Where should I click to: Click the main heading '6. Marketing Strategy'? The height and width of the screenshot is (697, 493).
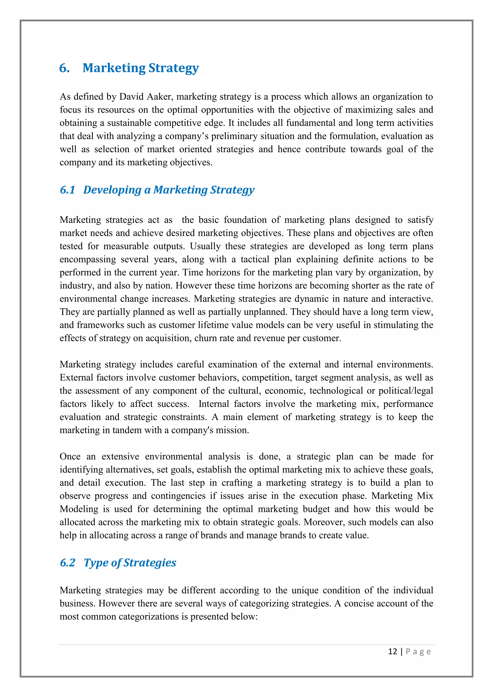pos(129,68)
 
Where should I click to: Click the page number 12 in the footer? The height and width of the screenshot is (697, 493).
pos(393,652)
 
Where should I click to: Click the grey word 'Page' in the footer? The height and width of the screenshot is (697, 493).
pos(418,652)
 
